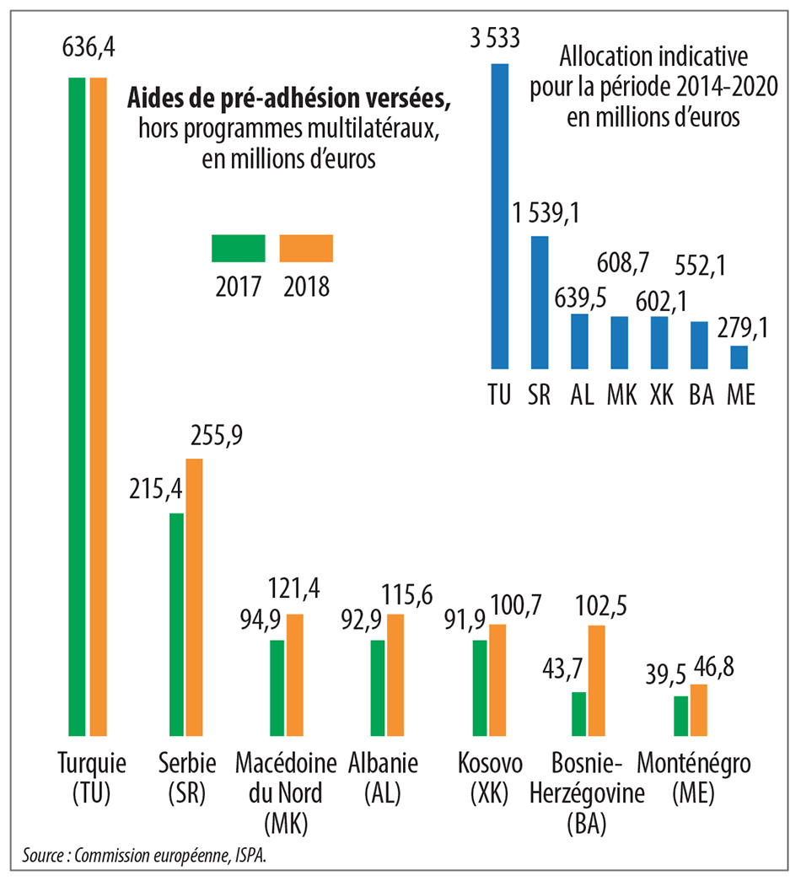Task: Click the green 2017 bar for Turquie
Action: coord(77,406)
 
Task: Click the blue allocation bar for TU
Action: coord(500,216)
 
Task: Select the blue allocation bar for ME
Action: coord(739,357)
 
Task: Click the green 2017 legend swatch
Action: coord(238,249)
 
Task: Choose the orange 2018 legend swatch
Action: coord(306,249)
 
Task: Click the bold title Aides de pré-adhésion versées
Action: coord(289,99)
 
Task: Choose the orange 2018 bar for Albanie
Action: coord(395,674)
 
